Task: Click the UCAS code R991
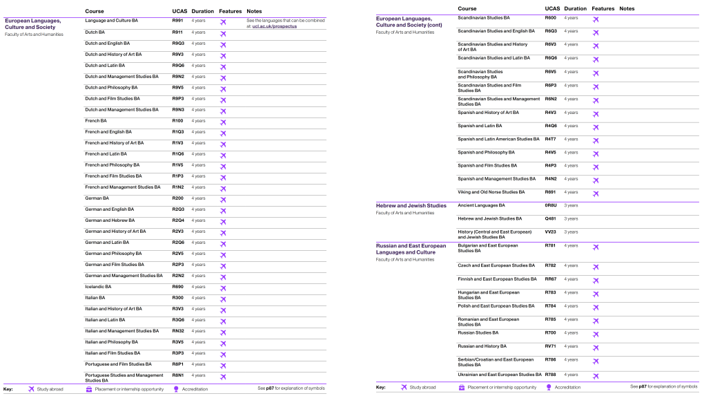pyautogui.click(x=177, y=21)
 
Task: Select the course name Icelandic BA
pyautogui.click(x=98, y=287)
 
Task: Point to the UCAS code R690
pyautogui.click(x=177, y=287)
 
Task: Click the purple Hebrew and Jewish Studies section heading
pyautogui.click(x=411, y=205)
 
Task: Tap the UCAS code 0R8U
pyautogui.click(x=550, y=205)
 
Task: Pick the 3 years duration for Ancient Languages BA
pyautogui.click(x=571, y=205)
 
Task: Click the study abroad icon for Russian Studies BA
pyautogui.click(x=596, y=333)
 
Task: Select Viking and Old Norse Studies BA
pyautogui.click(x=491, y=192)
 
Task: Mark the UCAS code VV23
pyautogui.click(x=550, y=232)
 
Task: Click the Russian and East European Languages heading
pyautogui.click(x=411, y=249)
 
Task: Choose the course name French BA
pyautogui.click(x=96, y=121)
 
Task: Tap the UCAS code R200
pyautogui.click(x=177, y=198)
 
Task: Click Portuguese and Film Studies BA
pyautogui.click(x=118, y=364)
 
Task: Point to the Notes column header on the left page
pyautogui.click(x=254, y=12)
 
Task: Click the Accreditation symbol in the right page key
pyautogui.click(x=549, y=388)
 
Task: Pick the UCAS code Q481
pyautogui.click(x=550, y=218)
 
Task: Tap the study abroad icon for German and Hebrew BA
pyautogui.click(x=223, y=221)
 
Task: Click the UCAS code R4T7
pyautogui.click(x=550, y=139)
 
